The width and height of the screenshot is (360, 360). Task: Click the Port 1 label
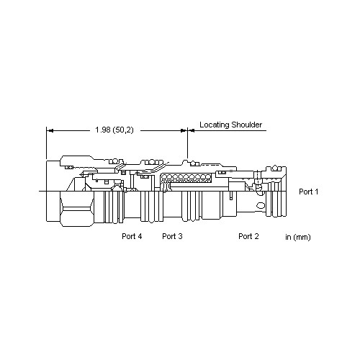308,192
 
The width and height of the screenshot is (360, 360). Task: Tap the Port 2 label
248,236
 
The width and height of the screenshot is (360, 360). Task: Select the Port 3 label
172,236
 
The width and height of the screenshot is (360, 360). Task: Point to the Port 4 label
132,236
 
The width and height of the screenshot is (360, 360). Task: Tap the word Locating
215,125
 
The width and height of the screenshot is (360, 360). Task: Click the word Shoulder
247,125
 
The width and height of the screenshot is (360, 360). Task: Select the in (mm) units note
298,238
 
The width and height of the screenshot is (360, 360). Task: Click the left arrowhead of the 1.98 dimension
50,131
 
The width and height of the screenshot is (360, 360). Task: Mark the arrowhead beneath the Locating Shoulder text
191,131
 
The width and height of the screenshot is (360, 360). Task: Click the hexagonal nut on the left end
76,209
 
